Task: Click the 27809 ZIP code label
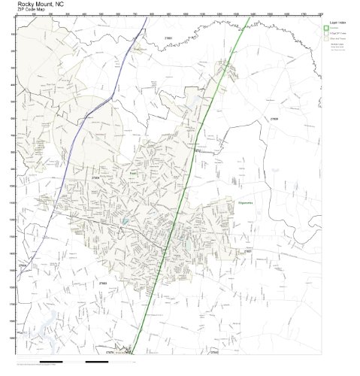274,119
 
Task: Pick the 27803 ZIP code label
102,283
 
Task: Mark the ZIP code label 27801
257,251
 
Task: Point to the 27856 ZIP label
23,265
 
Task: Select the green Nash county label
132,171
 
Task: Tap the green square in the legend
326,29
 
